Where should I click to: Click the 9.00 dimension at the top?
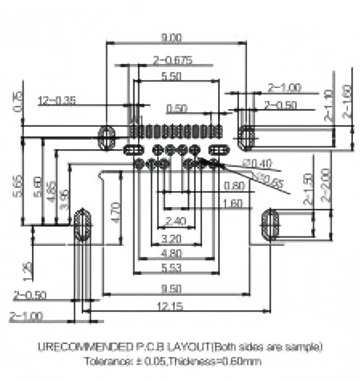(170, 38)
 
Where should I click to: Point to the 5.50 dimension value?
(171, 77)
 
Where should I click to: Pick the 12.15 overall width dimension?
(170, 306)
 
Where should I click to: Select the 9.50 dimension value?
(171, 288)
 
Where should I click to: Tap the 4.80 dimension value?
(171, 254)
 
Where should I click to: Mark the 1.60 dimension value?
(233, 204)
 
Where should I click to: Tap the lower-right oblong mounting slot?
(270, 225)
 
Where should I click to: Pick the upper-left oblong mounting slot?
(107, 137)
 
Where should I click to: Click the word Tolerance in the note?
(105, 362)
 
